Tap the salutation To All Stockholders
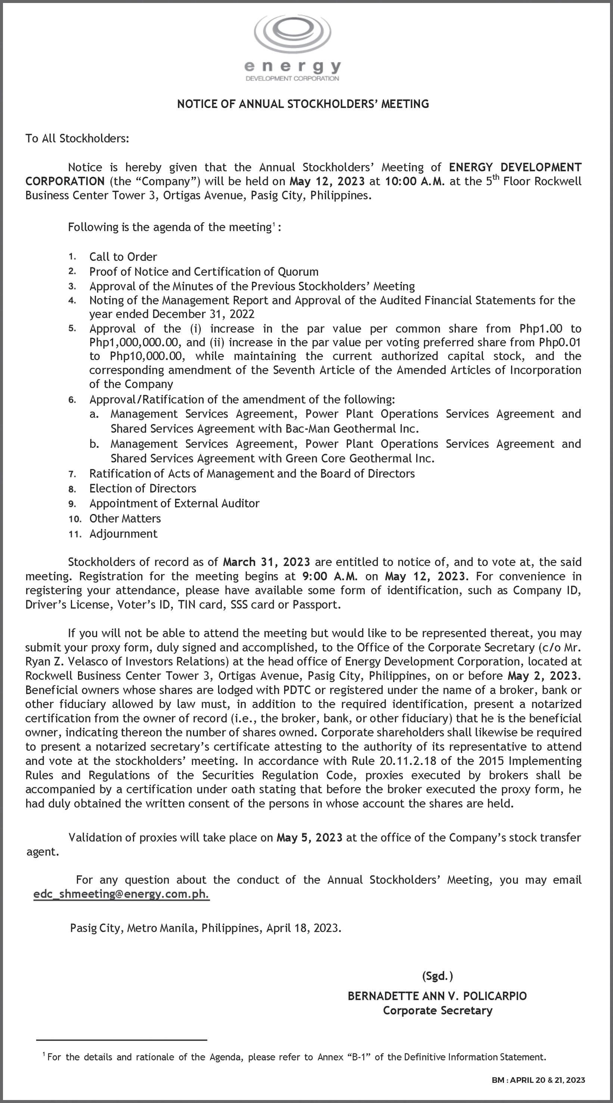point(77,138)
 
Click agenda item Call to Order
point(123,257)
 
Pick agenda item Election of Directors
point(143,489)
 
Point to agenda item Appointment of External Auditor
point(174,503)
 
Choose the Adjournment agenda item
point(123,533)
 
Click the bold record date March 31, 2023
point(266,562)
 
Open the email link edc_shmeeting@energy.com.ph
point(122,895)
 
